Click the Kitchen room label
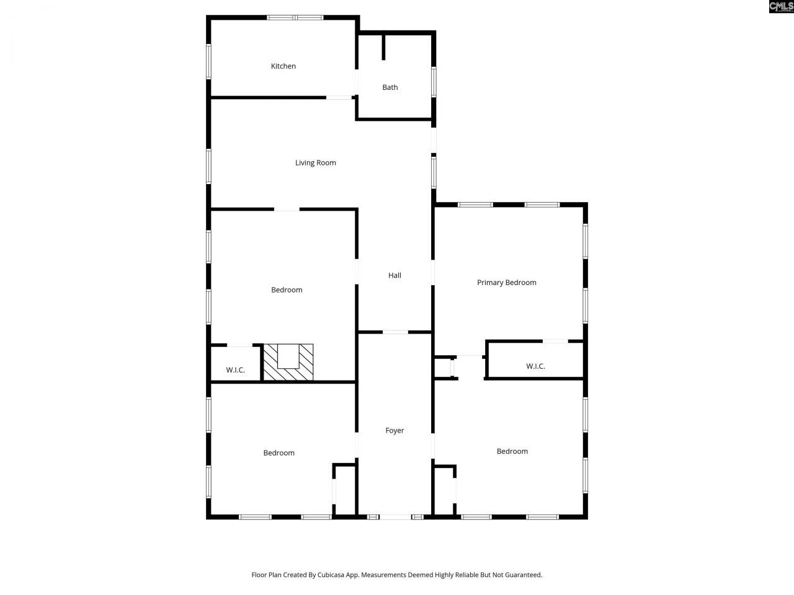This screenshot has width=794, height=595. pyautogui.click(x=283, y=66)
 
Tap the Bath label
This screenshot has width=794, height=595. pyautogui.click(x=390, y=87)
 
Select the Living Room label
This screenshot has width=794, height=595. pyautogui.click(x=316, y=163)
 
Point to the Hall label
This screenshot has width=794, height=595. pyautogui.click(x=395, y=275)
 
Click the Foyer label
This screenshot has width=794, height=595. pyautogui.click(x=395, y=431)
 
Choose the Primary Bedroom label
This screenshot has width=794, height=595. pyautogui.click(x=506, y=283)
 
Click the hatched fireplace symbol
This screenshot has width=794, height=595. pyautogui.click(x=288, y=363)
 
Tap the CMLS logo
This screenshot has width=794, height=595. pyautogui.click(x=782, y=6)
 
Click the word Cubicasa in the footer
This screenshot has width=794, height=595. pyautogui.click(x=331, y=575)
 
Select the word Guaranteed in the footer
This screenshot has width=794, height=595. pyautogui.click(x=525, y=575)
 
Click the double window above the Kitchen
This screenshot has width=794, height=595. pyautogui.click(x=295, y=17)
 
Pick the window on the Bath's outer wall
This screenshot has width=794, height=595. pyautogui.click(x=434, y=82)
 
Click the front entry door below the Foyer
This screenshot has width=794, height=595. pyautogui.click(x=395, y=517)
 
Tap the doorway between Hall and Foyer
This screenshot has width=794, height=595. pyautogui.click(x=395, y=332)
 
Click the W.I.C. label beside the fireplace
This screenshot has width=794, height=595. pyautogui.click(x=236, y=370)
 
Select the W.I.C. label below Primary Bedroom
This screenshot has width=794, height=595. pyautogui.click(x=535, y=366)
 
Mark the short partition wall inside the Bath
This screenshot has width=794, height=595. pyautogui.click(x=383, y=47)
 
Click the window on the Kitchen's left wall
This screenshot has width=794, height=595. pyautogui.click(x=208, y=61)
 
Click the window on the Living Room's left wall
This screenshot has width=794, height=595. pyautogui.click(x=208, y=167)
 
